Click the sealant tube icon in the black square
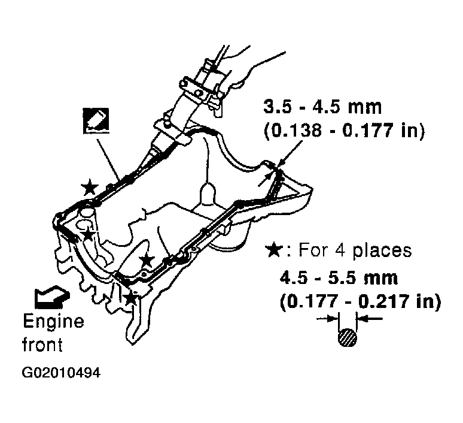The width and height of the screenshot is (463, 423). (96, 120)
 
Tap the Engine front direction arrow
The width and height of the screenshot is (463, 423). (52, 297)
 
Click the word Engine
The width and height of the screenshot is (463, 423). (53, 322)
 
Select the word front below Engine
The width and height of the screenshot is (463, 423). (42, 345)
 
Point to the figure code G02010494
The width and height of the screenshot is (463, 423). (61, 373)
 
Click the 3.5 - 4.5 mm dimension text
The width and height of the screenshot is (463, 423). (322, 107)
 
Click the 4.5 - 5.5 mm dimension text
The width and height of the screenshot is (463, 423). (339, 278)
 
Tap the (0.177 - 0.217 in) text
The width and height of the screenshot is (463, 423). (360, 302)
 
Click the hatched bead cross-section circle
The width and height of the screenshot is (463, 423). (347, 337)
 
